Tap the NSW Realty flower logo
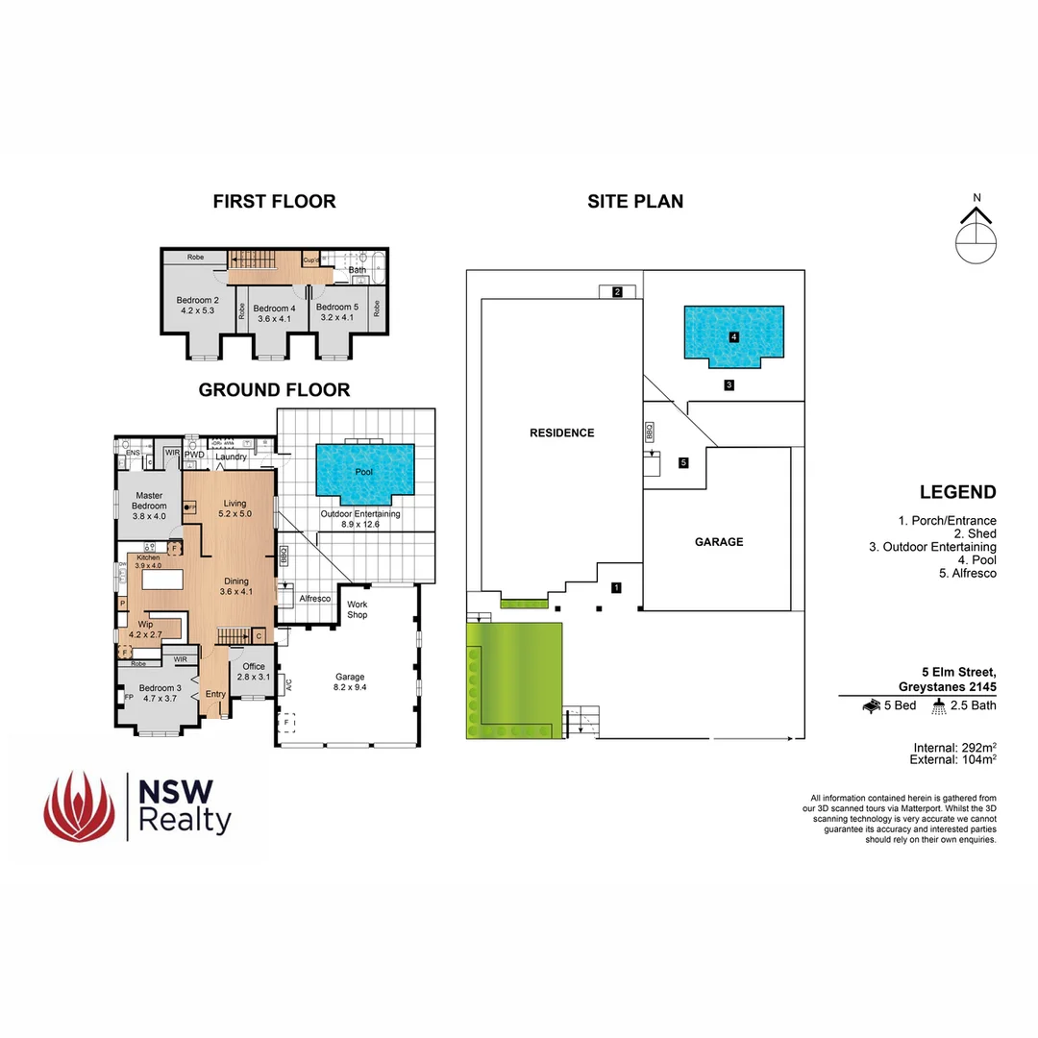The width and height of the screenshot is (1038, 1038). click(x=79, y=805)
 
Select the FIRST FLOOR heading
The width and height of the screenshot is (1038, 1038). click(x=274, y=201)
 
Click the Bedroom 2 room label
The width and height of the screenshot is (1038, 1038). click(x=198, y=306)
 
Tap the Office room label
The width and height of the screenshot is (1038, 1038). click(x=254, y=672)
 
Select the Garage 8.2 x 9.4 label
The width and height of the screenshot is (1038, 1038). click(x=349, y=681)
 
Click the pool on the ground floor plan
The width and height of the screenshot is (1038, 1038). click(x=364, y=472)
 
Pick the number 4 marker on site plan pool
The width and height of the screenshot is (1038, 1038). click(x=733, y=337)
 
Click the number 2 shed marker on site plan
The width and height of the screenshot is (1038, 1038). click(x=618, y=292)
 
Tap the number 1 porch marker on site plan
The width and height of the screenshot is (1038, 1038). click(x=617, y=587)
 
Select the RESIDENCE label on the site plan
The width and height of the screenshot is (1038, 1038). click(x=562, y=432)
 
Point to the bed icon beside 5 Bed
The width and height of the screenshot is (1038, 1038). click(x=873, y=706)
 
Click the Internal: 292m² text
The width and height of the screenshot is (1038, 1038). click(x=953, y=747)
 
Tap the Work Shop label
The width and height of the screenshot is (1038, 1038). click(x=358, y=609)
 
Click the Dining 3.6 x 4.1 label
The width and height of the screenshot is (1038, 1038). click(x=235, y=586)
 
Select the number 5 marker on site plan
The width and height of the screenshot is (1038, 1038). click(x=683, y=463)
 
